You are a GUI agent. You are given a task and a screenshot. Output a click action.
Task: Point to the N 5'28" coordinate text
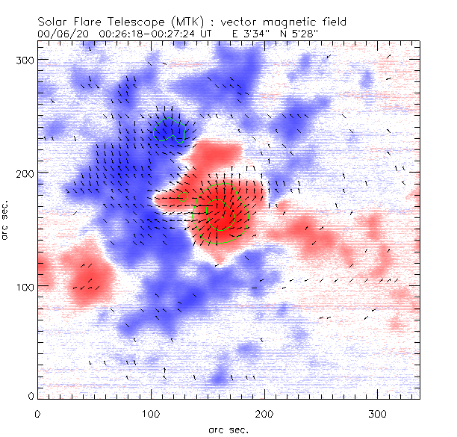[299, 34]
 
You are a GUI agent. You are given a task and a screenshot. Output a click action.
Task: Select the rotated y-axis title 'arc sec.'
[7, 229]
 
